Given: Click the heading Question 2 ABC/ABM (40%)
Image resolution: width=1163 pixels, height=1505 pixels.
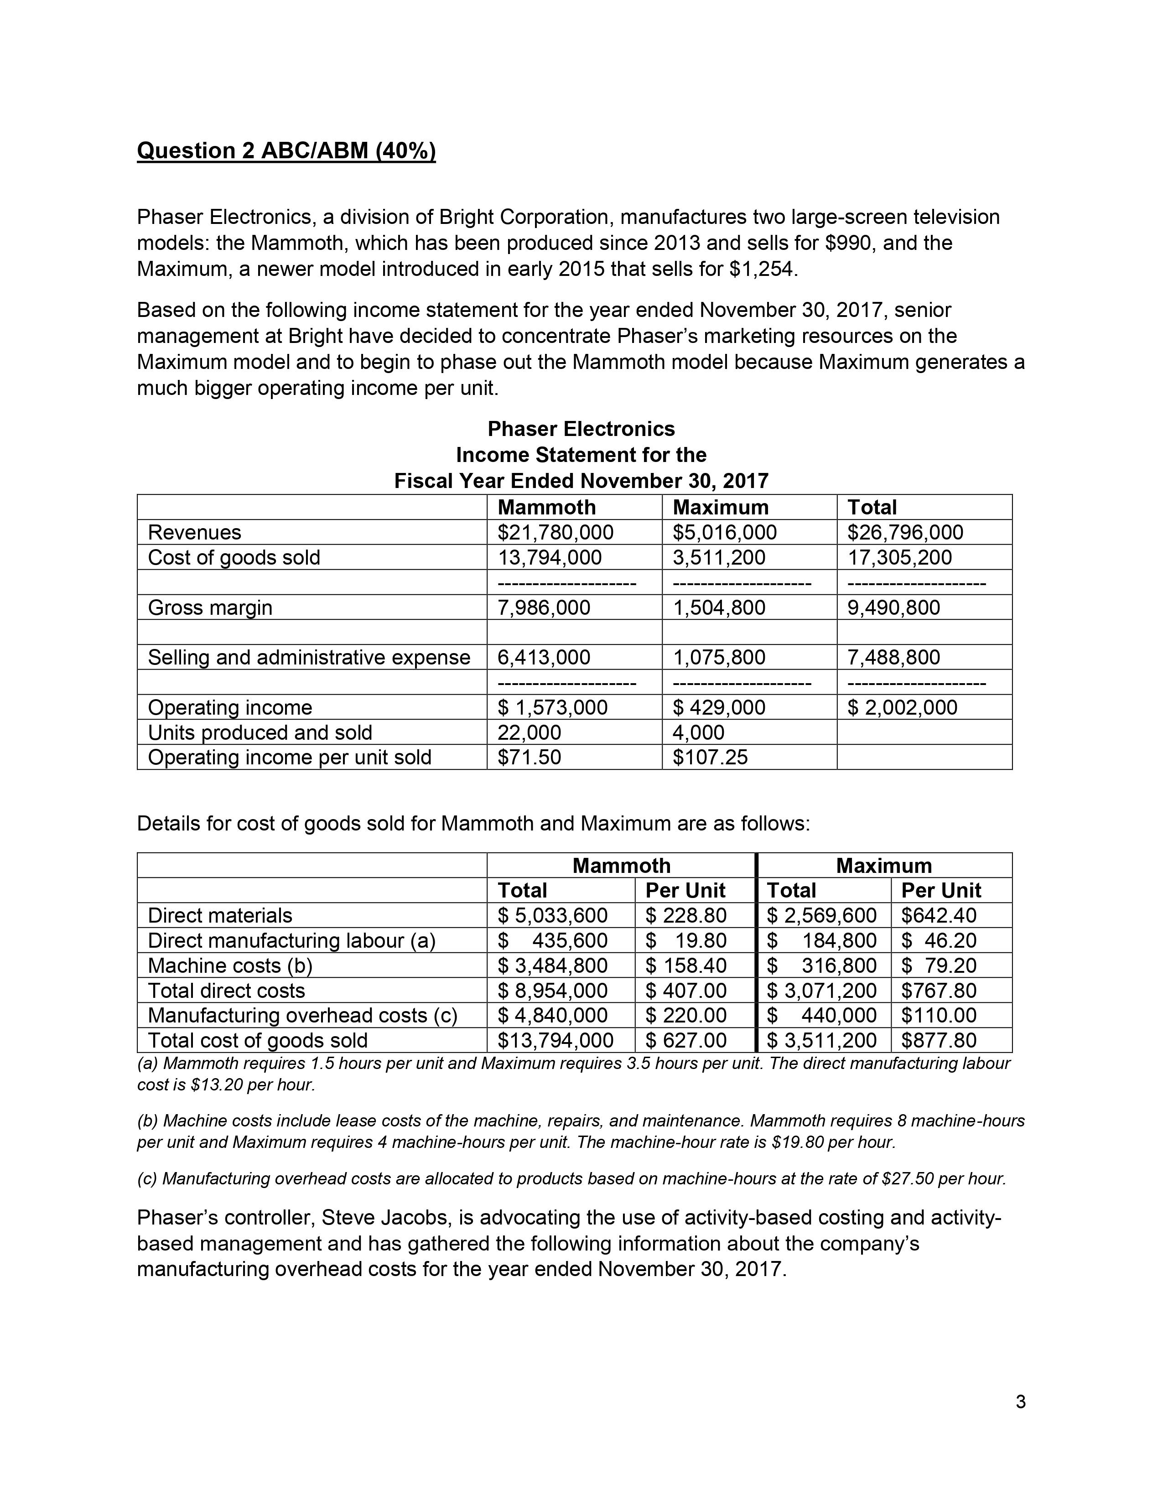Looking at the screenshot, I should [286, 150].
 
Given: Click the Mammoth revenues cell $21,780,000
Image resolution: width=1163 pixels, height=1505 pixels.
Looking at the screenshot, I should [556, 532].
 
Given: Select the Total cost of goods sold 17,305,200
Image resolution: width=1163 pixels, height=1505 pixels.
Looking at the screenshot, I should [899, 557].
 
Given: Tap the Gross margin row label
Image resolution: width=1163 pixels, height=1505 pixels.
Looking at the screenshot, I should [210, 607].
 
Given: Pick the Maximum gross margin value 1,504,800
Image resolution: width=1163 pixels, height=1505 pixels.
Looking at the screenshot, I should [719, 607].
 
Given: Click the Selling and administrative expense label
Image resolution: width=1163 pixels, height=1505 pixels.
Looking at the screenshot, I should [309, 657].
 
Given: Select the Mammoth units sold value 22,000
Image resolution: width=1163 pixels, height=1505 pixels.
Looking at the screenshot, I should [529, 732].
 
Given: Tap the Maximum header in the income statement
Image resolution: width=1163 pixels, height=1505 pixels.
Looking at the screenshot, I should [720, 507].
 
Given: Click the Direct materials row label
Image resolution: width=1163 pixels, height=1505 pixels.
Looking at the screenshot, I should [220, 915].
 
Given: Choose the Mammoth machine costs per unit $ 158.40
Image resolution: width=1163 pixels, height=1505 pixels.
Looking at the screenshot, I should [685, 965].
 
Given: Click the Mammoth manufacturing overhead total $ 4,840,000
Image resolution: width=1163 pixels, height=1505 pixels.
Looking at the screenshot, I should [553, 1015].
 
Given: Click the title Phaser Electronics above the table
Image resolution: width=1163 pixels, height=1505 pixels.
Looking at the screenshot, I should [581, 429].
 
